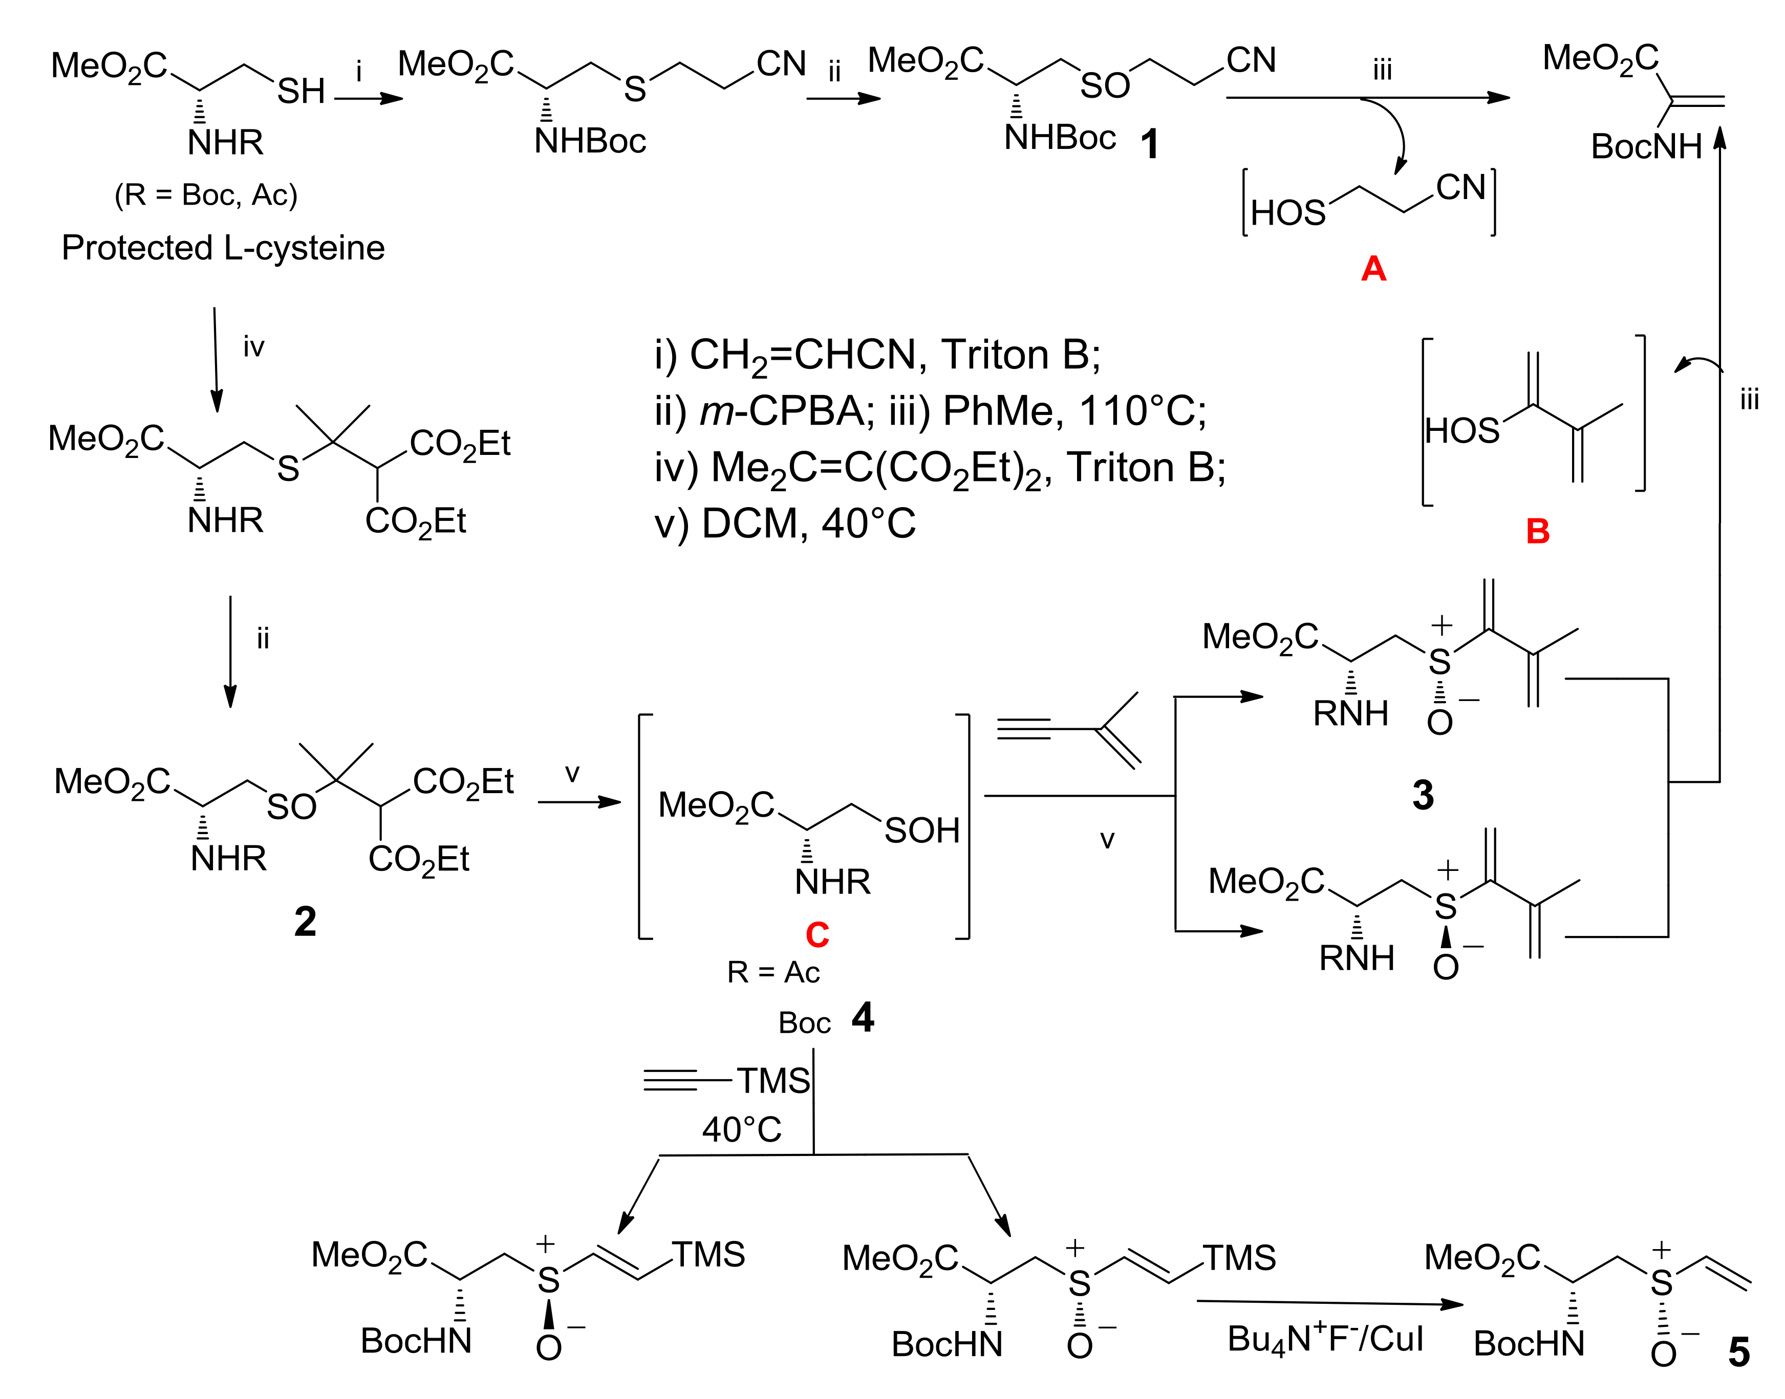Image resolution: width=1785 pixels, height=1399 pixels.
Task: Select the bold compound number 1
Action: tap(1149, 145)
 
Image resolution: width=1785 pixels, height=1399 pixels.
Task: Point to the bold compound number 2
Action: tap(305, 922)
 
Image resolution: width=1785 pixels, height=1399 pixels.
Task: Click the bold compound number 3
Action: tap(1423, 795)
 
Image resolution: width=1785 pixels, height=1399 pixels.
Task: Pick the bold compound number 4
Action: tap(863, 1018)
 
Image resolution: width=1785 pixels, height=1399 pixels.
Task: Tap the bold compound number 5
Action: tap(1738, 1353)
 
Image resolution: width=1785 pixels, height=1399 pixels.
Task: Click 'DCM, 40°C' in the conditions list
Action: tap(808, 524)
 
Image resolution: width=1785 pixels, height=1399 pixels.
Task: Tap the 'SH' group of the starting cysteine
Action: tap(300, 92)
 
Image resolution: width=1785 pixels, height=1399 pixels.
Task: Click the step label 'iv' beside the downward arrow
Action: tap(254, 347)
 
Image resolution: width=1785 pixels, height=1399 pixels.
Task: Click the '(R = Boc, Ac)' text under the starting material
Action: tap(206, 195)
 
